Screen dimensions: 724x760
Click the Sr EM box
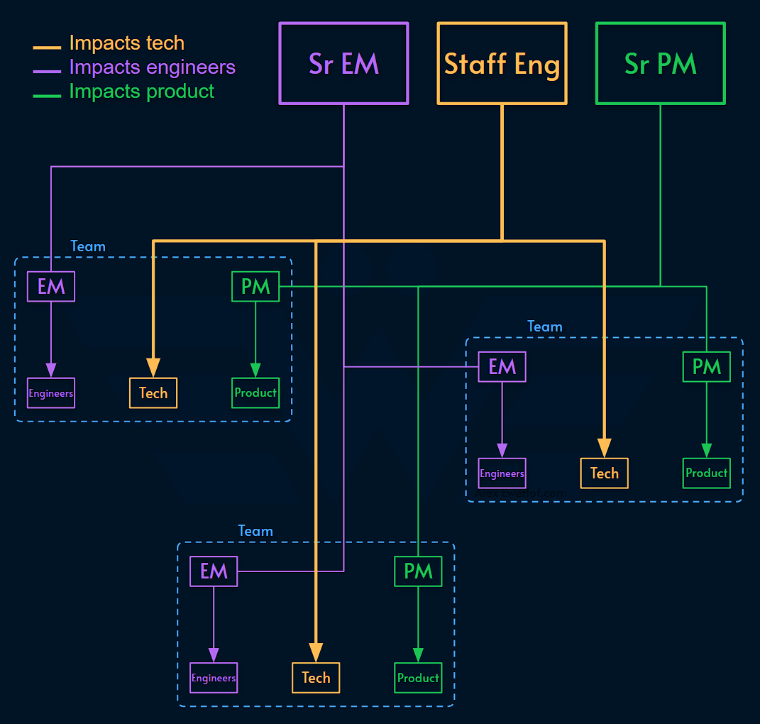(343, 64)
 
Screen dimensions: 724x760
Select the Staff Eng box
(502, 64)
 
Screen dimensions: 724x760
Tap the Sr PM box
(660, 64)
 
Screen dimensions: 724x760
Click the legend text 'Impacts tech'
(126, 43)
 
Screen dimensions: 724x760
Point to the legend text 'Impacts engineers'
(152, 67)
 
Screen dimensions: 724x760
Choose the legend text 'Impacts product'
(141, 92)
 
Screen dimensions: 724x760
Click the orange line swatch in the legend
(47, 47)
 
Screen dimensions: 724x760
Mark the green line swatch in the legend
(47, 94)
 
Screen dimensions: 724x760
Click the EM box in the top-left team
(51, 287)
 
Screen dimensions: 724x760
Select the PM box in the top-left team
(255, 287)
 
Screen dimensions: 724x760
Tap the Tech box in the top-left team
(153, 393)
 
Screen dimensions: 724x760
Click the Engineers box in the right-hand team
(502, 473)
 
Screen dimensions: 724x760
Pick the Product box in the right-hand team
(706, 473)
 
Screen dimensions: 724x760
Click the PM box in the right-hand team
(706, 367)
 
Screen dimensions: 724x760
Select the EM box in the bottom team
(214, 571)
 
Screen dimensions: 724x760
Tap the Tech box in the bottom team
(316, 678)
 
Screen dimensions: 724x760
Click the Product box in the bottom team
(418, 678)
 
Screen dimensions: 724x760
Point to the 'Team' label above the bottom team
(255, 531)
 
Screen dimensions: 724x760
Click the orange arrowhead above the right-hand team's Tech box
(604, 447)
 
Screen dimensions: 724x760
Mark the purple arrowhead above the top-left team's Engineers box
(51, 370)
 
